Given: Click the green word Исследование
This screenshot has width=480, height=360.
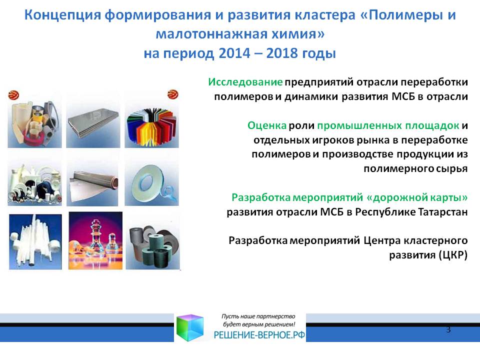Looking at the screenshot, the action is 245,82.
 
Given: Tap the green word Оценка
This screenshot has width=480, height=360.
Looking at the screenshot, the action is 267,125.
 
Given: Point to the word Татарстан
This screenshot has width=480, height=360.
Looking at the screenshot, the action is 442,212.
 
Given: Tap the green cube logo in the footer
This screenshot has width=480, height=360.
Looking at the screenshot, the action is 190,327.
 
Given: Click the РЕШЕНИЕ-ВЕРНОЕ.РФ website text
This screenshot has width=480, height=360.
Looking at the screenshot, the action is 259,335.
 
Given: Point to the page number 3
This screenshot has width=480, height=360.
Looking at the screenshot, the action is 448,329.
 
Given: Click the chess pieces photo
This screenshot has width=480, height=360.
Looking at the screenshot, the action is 95,240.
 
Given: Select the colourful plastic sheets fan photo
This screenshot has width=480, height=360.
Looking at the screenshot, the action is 151,120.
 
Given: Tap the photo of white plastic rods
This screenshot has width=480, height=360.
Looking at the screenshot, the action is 35,242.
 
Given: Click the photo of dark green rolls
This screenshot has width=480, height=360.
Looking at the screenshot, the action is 152,242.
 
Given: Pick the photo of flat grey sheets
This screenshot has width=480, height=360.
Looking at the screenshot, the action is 93,120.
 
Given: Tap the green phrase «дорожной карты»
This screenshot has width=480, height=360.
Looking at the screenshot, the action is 417,198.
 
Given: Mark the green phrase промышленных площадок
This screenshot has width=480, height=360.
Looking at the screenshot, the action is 388,125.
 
